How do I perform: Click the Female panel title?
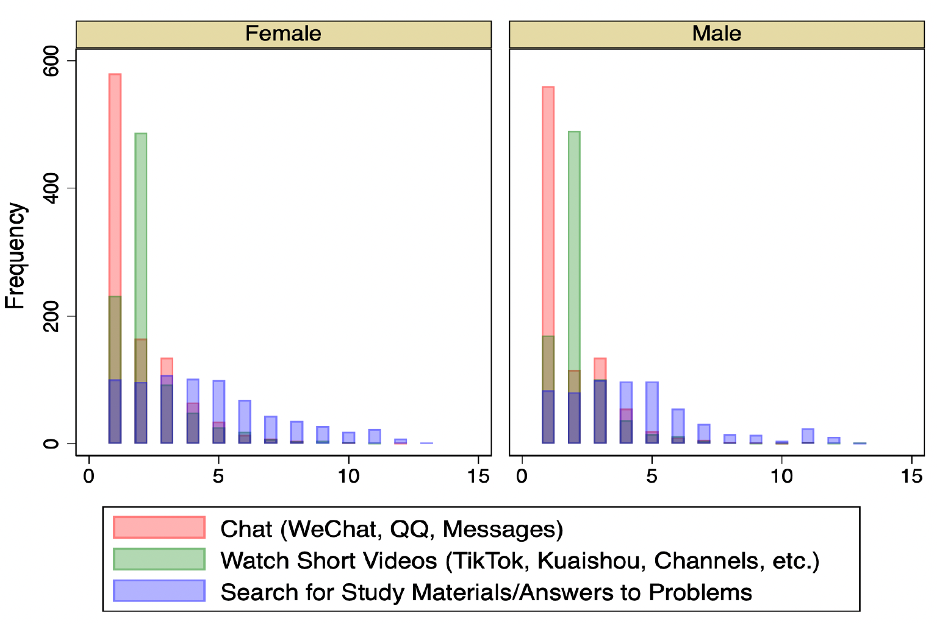click(x=283, y=34)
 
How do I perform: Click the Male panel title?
click(x=716, y=34)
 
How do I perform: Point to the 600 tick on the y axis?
click(x=51, y=61)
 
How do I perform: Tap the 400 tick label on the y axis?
click(x=51, y=188)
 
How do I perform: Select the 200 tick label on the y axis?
click(x=51, y=316)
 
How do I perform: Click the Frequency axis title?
click(x=15, y=256)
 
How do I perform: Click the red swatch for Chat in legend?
click(x=159, y=528)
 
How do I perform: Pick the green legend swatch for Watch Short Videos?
click(x=159, y=559)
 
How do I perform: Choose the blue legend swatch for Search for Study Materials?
click(x=159, y=591)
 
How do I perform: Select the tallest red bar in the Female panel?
click(x=115, y=183)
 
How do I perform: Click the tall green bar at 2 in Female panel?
click(x=141, y=232)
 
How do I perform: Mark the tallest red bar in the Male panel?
click(x=548, y=207)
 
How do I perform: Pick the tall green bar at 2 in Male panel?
click(x=574, y=244)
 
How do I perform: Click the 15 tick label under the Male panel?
click(x=911, y=477)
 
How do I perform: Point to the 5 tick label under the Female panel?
click(x=218, y=477)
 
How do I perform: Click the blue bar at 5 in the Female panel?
click(x=218, y=402)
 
